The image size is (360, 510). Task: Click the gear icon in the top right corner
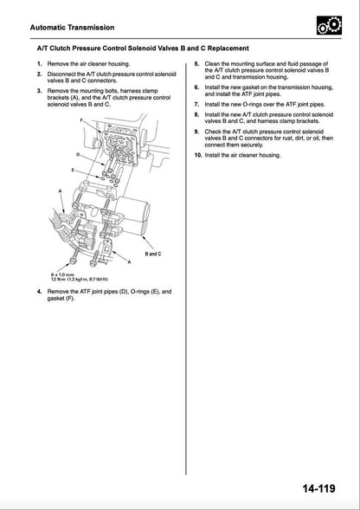(327, 27)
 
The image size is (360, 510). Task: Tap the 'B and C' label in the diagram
(153, 255)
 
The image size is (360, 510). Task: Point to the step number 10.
(198, 154)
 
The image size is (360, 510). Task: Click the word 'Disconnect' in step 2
(64, 76)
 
